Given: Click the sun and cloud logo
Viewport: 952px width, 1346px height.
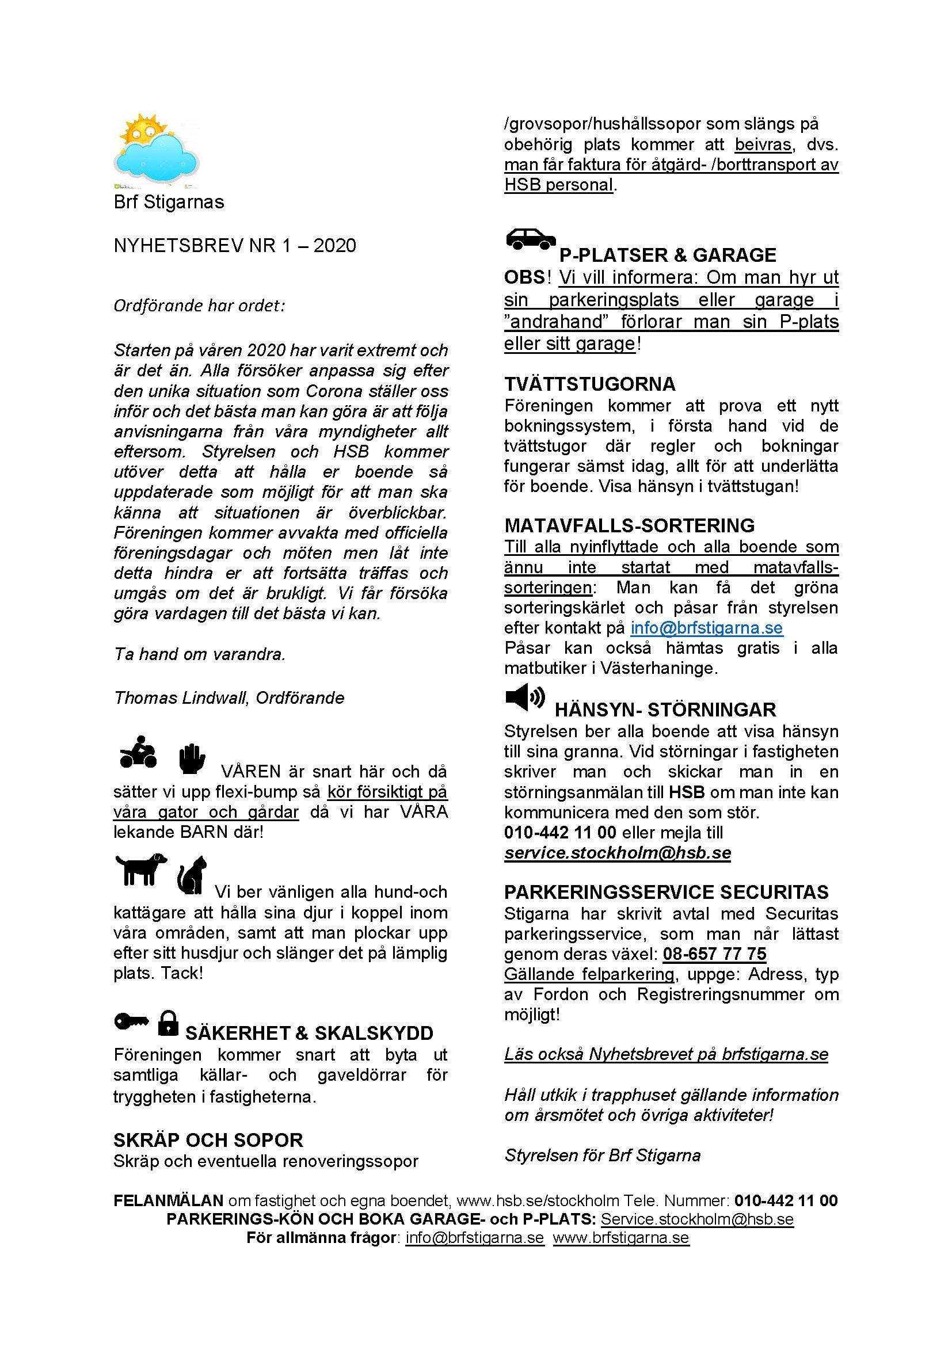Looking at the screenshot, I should (157, 150).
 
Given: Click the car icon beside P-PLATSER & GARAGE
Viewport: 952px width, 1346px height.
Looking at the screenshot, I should (530, 239).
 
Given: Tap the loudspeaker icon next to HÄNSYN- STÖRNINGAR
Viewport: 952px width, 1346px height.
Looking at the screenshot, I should (525, 697).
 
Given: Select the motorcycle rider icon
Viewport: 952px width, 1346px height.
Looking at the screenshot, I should (138, 752).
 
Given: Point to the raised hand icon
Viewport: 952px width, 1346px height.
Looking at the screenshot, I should (192, 758).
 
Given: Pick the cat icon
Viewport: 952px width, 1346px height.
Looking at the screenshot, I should (192, 875).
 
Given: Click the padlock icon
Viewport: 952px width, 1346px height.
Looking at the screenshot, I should (168, 1023).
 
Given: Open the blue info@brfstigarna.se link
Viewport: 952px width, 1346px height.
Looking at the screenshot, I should (706, 628).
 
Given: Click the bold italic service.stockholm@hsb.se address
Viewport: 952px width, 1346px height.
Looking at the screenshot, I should (617, 852).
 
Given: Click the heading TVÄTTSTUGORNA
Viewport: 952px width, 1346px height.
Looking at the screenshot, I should (589, 384).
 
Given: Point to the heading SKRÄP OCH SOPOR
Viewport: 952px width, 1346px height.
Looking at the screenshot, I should (208, 1140).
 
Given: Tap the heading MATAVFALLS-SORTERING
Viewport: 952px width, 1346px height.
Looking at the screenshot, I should (629, 525).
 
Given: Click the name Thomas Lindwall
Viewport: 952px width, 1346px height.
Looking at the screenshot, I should (181, 697).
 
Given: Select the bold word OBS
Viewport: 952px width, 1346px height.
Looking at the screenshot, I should (524, 277).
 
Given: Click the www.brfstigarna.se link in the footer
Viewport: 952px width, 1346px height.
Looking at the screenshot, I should (620, 1238).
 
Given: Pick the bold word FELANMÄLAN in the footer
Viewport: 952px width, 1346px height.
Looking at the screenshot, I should (168, 1200).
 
